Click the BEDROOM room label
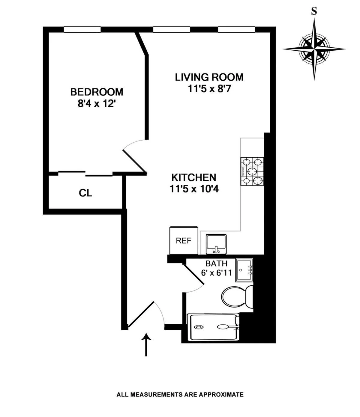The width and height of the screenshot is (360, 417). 97,92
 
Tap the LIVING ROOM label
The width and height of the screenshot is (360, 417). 209,77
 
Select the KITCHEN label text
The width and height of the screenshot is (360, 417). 193,177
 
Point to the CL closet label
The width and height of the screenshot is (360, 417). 85,193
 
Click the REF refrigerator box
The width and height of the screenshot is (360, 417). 183,240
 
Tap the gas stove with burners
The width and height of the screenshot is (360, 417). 252,171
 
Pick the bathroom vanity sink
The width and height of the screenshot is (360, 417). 244,270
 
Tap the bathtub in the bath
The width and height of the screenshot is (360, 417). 213,327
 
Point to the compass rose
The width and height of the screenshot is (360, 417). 314,49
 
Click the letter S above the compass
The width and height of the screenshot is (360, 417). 314,11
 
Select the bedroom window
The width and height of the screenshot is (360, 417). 82,29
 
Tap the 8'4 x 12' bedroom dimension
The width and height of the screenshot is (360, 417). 97,104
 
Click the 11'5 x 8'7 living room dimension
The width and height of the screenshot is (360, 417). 209,89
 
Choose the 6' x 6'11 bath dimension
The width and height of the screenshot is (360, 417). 216,273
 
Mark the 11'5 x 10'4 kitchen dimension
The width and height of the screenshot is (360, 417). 193,189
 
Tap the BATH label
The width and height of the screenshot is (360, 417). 216,264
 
